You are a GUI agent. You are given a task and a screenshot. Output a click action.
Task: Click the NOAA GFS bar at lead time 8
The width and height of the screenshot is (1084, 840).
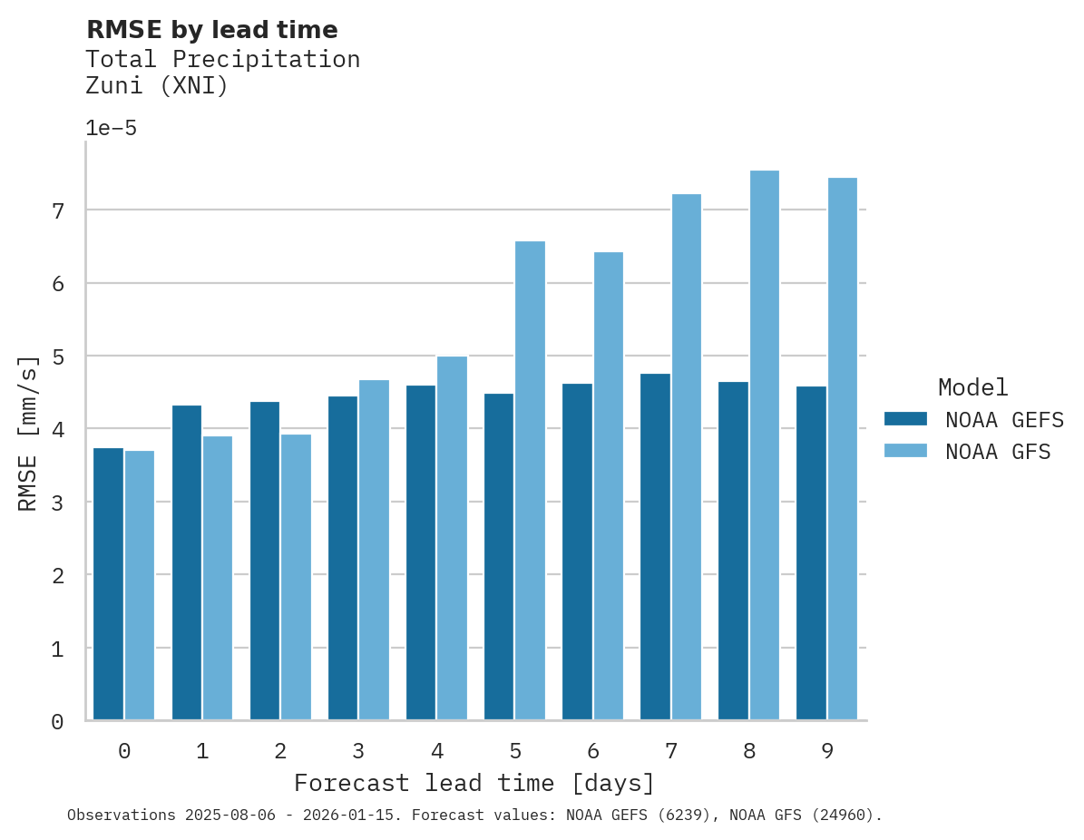[765, 445]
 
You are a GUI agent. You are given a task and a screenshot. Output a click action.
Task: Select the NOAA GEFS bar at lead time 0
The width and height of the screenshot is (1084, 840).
[108, 584]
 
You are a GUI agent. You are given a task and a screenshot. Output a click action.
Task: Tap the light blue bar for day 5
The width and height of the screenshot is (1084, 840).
[531, 481]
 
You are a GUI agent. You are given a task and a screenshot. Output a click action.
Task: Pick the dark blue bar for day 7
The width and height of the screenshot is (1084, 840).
[655, 547]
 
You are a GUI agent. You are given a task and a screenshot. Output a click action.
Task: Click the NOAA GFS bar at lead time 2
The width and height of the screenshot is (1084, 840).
[296, 577]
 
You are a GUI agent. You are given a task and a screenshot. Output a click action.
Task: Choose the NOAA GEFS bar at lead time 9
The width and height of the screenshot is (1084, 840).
[811, 553]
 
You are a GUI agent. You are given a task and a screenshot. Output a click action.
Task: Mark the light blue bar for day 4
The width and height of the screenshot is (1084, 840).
[452, 538]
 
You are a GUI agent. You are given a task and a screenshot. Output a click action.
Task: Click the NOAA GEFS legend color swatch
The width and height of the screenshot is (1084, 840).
[905, 419]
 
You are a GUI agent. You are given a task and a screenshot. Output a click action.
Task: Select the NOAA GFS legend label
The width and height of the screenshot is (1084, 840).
[998, 452]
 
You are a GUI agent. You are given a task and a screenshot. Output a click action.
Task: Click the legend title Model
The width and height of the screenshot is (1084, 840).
[972, 388]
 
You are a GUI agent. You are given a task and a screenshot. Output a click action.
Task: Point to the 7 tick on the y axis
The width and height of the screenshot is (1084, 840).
[57, 210]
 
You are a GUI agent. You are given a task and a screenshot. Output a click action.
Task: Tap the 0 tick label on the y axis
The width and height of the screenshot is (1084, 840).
[57, 722]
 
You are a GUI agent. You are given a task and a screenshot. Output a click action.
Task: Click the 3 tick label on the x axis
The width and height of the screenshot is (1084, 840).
[358, 751]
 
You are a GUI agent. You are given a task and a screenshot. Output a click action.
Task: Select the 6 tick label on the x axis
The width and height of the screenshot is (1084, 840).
[593, 751]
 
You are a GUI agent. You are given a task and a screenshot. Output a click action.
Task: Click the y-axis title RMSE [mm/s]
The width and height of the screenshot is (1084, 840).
[28, 433]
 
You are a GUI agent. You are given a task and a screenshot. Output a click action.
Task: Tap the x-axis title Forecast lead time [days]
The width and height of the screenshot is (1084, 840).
[474, 783]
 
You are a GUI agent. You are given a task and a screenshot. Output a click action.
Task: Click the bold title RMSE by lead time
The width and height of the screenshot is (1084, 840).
[211, 30]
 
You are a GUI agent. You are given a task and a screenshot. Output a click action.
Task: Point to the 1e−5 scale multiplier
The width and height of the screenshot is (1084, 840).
[111, 128]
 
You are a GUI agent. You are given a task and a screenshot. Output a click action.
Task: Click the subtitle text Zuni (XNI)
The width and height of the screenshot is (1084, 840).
[157, 86]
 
